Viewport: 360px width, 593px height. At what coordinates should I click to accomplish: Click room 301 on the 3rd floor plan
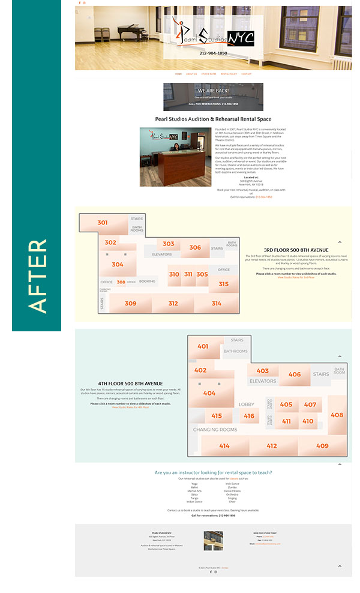[103, 223]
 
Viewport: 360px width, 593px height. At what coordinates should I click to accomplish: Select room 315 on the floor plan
[223, 284]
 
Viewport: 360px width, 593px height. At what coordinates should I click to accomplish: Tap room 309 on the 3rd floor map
[130, 304]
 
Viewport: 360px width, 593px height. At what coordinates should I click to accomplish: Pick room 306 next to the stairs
[195, 247]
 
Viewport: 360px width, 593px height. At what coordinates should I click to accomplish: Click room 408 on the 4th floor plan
[337, 415]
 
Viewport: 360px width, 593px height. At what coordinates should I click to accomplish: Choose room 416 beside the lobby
[249, 416]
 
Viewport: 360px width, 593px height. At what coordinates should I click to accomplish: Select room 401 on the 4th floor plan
[203, 346]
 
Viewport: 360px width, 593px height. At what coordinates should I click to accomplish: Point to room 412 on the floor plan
[272, 446]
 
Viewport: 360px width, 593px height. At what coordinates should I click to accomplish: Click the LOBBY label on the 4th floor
[247, 405]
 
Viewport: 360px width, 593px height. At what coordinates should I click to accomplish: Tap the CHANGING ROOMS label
[215, 430]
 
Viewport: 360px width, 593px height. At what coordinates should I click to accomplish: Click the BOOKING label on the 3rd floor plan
[147, 281]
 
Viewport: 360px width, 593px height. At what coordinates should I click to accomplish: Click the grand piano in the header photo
[133, 36]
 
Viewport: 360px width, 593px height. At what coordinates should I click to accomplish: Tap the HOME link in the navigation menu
[178, 74]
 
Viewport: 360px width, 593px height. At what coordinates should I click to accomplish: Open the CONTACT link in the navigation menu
[246, 74]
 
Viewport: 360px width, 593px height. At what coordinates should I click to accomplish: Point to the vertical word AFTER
[37, 275]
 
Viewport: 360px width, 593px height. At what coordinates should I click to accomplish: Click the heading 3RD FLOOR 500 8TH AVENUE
[296, 250]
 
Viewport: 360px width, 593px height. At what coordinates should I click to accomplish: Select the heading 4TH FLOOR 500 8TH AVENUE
[130, 383]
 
